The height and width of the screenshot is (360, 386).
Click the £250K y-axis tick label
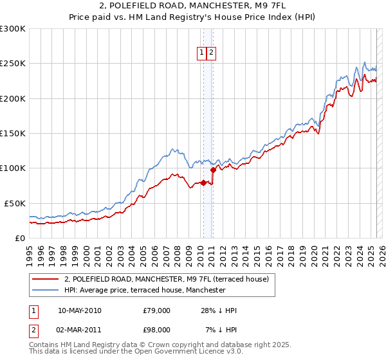(13, 64)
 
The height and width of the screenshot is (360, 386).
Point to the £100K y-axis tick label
(13, 168)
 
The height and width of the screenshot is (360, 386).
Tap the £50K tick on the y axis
(15, 203)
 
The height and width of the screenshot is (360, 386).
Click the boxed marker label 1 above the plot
(201, 53)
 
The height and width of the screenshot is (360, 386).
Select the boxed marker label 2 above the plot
(211, 53)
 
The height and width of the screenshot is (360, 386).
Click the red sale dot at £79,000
(203, 183)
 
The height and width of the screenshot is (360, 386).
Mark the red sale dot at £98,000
(213, 170)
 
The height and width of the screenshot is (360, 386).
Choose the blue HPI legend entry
(145, 290)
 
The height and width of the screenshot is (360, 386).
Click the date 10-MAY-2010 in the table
(79, 310)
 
